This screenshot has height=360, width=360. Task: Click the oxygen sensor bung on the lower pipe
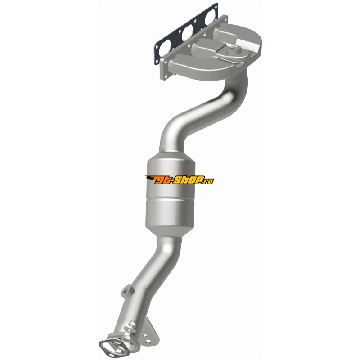click(x=127, y=290)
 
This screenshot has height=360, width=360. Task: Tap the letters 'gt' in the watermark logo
click(x=162, y=181)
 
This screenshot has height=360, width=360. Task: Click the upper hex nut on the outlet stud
click(x=132, y=324)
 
